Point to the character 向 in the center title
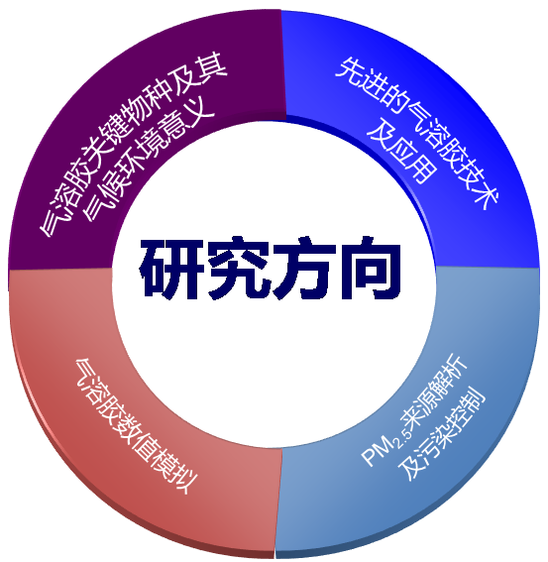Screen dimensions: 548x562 click(x=370, y=268)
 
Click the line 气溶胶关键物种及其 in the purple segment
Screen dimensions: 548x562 click(x=134, y=145)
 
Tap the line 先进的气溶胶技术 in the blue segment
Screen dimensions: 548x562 click(x=417, y=133)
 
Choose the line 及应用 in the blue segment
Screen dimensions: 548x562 click(x=401, y=150)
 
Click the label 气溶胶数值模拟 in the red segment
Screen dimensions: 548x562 click(x=136, y=426)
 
